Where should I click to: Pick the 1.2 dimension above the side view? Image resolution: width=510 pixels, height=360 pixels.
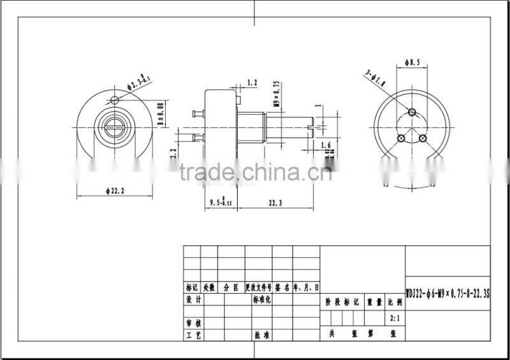251,83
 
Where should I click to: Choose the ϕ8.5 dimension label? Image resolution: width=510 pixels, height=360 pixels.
414,62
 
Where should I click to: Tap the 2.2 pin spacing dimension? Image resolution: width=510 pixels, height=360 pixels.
172,152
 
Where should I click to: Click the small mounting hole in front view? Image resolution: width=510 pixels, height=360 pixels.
113,100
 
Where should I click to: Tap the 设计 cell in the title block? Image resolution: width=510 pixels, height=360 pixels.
193,299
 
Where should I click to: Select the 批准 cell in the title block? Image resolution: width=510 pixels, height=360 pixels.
262,335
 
